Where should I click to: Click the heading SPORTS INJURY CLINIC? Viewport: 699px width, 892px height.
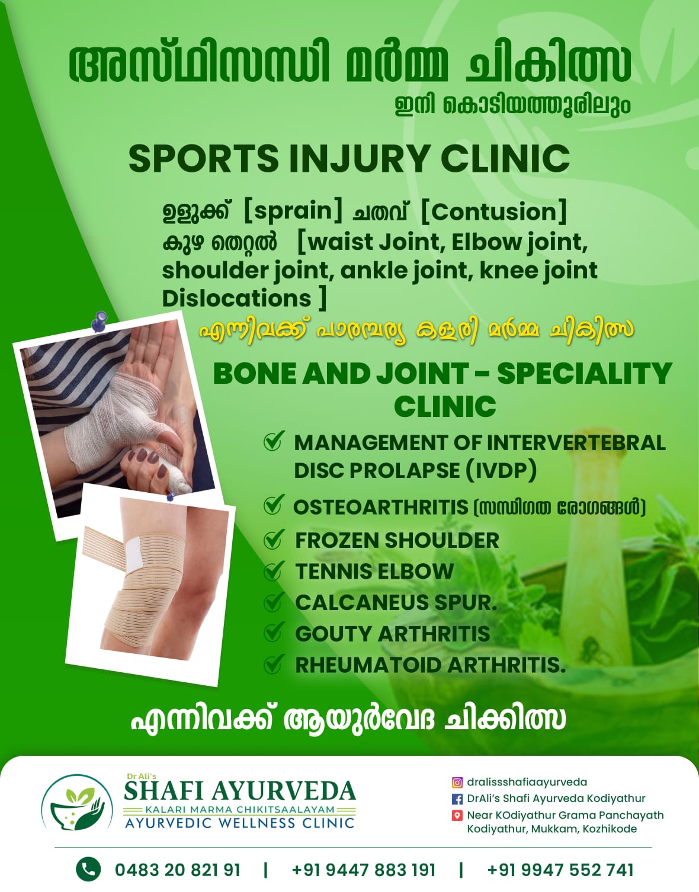[x=349, y=158]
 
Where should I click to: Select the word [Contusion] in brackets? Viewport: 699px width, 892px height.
[x=493, y=211]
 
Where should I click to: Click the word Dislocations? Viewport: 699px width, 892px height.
[x=236, y=298]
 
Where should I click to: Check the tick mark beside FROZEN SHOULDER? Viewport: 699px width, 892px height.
[x=273, y=540]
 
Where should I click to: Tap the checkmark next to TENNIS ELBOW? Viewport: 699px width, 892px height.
[x=273, y=571]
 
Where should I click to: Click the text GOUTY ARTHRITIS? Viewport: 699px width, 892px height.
[x=392, y=634]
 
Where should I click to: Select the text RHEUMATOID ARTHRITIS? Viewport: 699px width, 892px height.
[x=430, y=665]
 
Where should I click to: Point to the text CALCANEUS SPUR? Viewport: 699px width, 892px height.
[x=396, y=602]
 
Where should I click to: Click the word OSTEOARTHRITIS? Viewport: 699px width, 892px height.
[x=380, y=508]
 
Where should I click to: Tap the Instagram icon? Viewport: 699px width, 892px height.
[x=457, y=782]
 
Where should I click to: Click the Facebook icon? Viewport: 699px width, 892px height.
[x=457, y=799]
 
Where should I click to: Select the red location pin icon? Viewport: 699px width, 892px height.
[x=457, y=816]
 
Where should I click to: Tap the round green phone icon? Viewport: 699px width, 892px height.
[x=88, y=869]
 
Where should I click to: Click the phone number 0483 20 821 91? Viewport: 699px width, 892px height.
[x=178, y=870]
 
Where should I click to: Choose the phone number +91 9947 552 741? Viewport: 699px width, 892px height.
[x=560, y=870]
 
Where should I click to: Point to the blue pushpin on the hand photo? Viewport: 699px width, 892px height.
[x=99, y=322]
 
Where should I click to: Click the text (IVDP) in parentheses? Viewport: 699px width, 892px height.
[x=501, y=471]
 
